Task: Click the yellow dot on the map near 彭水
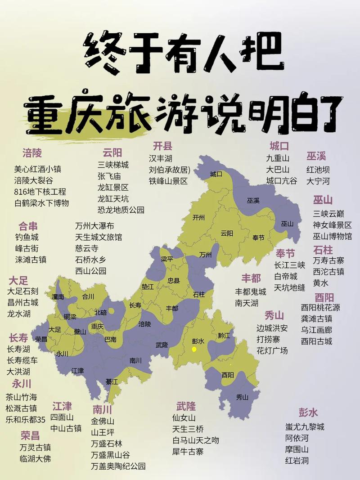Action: point(194,349)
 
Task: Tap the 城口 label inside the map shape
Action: point(216,174)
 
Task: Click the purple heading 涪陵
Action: point(32,153)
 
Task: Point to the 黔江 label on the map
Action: point(224,336)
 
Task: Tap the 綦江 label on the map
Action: point(112,381)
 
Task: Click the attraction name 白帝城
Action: point(286,276)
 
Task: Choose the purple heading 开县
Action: point(162,146)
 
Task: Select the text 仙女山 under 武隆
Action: point(184,418)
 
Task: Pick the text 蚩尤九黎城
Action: point(305,426)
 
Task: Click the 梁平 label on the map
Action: point(167,260)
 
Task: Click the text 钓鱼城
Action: point(27,237)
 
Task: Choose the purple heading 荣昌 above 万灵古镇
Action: point(30,435)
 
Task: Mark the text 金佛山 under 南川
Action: point(103,422)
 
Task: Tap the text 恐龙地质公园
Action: point(121,210)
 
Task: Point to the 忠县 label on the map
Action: point(174,280)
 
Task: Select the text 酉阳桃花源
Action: point(320,308)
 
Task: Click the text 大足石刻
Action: point(23,292)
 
